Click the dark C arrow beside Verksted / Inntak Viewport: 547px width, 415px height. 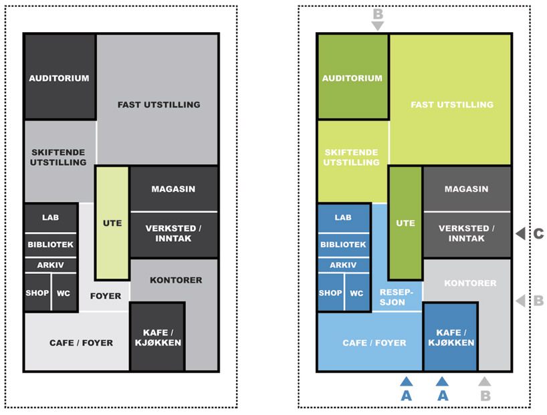coord(520,233)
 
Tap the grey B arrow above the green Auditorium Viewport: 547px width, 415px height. coord(378,25)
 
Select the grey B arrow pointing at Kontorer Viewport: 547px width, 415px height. coord(520,301)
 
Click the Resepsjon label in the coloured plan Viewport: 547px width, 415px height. coord(397,296)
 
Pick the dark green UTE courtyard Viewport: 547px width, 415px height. coord(405,223)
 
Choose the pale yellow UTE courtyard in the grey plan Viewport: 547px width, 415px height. coord(112,223)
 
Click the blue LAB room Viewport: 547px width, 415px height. coord(343,218)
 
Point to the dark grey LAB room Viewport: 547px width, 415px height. coord(50,218)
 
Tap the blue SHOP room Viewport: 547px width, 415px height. coord(330,293)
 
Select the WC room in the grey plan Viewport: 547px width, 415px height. coord(64,293)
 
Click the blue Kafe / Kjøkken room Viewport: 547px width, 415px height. coord(450,337)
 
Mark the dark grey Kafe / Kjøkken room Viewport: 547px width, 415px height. coord(158,337)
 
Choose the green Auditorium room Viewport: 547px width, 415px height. coord(352,78)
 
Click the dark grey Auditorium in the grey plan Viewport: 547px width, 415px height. coord(59,78)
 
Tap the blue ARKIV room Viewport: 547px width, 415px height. coord(343,265)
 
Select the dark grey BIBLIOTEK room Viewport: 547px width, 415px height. coord(50,245)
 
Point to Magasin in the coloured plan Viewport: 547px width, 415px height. coord(466,189)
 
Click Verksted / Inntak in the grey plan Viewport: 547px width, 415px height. coord(173,234)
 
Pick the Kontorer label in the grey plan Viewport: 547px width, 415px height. coord(176,280)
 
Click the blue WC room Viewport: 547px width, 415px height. coord(356,293)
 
